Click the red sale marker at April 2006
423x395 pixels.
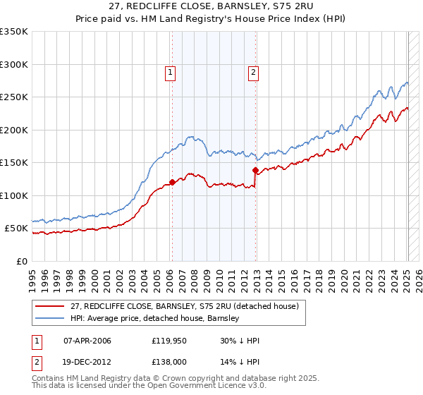coord(172,182)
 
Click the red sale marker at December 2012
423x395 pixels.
coord(255,170)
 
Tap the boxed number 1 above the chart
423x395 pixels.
coord(171,71)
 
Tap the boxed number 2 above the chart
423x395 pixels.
coord(252,71)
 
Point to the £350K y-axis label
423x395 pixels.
coord(14,32)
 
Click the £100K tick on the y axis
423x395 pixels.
coord(14,195)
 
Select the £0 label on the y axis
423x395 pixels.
coord(20,261)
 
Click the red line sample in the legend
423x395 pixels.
coord(51,306)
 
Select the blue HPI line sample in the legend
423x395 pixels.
coord(51,318)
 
